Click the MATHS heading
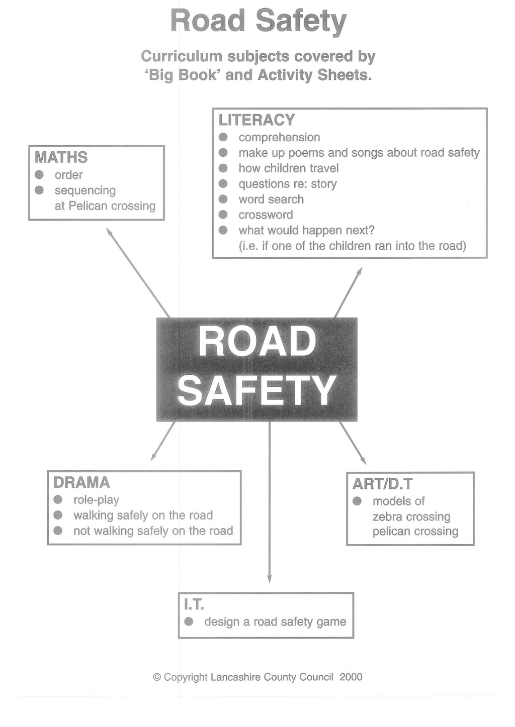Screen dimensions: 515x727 [61, 157]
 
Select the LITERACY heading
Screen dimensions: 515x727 [256, 120]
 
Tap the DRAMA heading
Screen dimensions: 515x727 [81, 483]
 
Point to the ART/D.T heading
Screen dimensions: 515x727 [382, 484]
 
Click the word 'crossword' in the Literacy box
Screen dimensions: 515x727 [266, 215]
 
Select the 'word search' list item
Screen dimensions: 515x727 [271, 199]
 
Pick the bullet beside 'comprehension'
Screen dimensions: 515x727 [223, 137]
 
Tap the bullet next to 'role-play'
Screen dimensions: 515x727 [58, 499]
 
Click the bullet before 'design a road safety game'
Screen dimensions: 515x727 [189, 621]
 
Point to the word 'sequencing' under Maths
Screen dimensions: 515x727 [85, 191]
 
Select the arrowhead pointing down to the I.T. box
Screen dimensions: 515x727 [270, 579]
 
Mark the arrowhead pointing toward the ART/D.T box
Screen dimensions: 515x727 [363, 461]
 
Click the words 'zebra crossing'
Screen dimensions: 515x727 [412, 517]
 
